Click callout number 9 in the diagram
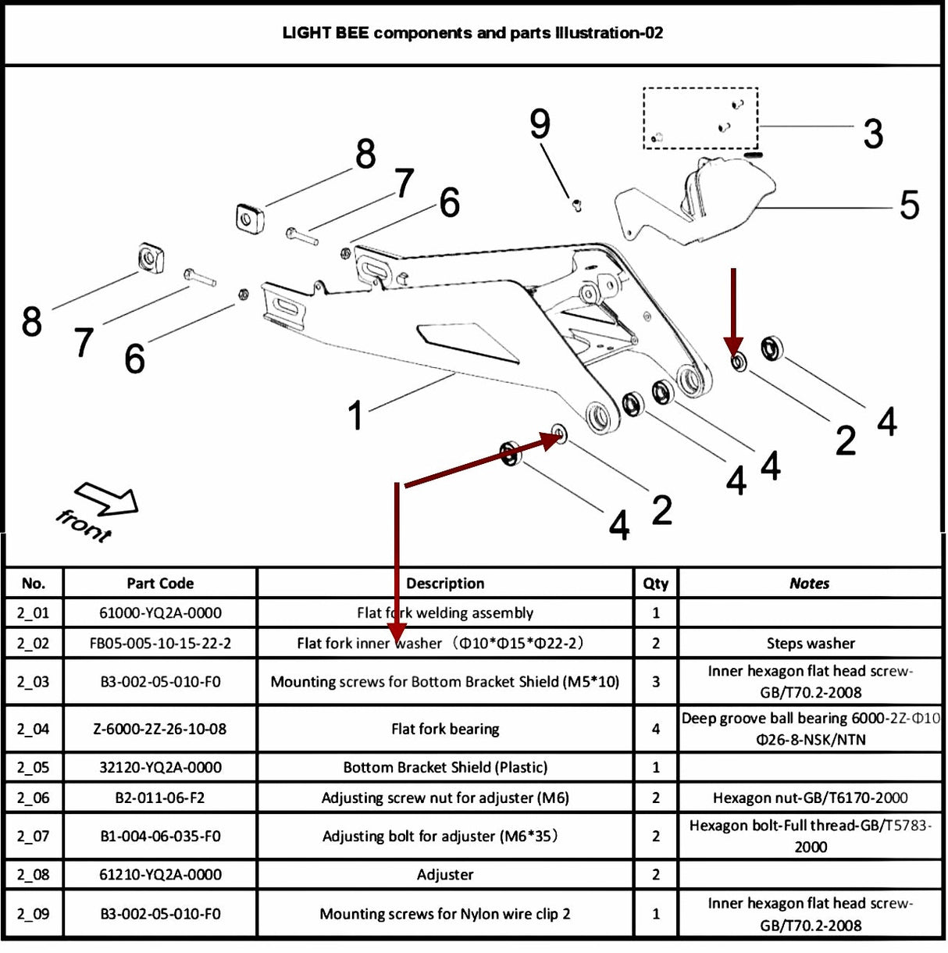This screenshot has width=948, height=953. [x=540, y=124]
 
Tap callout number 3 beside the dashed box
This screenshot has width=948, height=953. [x=873, y=134]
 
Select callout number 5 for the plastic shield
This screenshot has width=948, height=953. [x=909, y=205]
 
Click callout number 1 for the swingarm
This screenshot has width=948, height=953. [x=355, y=415]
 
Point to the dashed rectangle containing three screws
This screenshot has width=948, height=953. [x=700, y=118]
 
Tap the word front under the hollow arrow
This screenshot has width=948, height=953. [x=84, y=526]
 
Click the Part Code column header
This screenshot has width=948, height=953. [x=160, y=584]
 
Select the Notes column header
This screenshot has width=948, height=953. [x=809, y=584]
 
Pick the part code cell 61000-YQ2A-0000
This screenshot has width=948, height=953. [x=160, y=613]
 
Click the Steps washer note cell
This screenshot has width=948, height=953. [x=810, y=644]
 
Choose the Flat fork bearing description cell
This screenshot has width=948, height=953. [x=445, y=729]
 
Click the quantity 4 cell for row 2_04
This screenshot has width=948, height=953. [x=655, y=729]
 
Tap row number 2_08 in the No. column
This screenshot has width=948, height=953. [x=34, y=875]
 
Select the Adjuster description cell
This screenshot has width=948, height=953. [x=445, y=875]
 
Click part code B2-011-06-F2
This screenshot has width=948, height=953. [x=160, y=798]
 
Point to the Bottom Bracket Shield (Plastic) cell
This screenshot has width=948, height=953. [x=445, y=767]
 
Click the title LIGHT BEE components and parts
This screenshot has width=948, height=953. [x=472, y=33]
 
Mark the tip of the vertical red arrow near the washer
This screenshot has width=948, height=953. [x=733, y=353]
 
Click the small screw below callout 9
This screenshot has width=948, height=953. [x=577, y=205]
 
